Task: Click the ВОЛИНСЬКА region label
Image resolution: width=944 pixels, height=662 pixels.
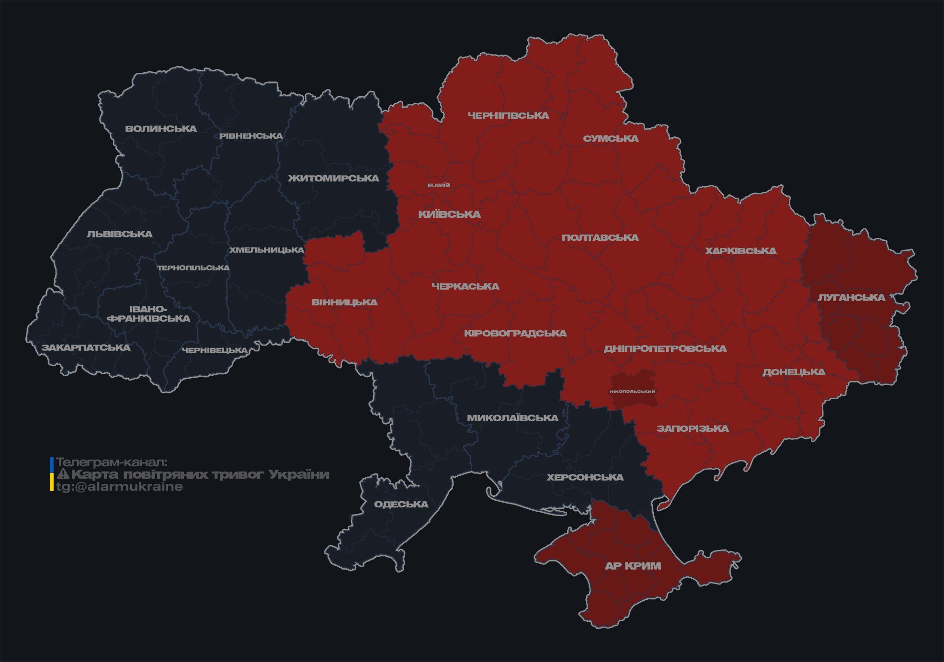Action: tap(161, 128)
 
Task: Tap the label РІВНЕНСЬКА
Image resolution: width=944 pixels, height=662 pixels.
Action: tap(251, 136)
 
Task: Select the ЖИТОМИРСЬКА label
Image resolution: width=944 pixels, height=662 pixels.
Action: tap(333, 178)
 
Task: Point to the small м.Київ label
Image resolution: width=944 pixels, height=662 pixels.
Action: tap(439, 185)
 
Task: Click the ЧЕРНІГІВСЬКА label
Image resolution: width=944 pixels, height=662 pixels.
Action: tap(508, 115)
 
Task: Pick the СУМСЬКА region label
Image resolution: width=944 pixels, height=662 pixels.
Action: tap(611, 138)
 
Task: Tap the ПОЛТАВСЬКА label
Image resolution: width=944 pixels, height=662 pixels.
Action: tap(600, 237)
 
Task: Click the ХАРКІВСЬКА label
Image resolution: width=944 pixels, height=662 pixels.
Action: tap(740, 251)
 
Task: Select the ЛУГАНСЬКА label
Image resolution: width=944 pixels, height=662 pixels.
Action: tap(851, 297)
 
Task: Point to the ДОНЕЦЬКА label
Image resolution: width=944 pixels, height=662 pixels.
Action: tap(794, 372)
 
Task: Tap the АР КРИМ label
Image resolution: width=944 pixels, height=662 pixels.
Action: tap(633, 566)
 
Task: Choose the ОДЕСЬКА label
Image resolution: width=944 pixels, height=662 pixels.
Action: tap(401, 504)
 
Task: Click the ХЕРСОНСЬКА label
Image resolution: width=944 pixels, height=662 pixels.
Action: tap(585, 477)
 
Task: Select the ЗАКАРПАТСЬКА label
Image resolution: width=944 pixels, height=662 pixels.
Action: tap(86, 348)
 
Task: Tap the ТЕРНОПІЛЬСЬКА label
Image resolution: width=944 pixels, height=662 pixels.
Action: tap(193, 268)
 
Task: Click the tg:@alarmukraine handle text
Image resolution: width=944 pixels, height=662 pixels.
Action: tap(119, 487)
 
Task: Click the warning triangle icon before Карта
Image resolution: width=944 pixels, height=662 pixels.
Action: tap(63, 474)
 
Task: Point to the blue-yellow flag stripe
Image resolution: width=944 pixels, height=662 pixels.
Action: tap(52, 474)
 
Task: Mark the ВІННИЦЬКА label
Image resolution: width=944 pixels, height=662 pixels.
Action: tap(344, 303)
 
